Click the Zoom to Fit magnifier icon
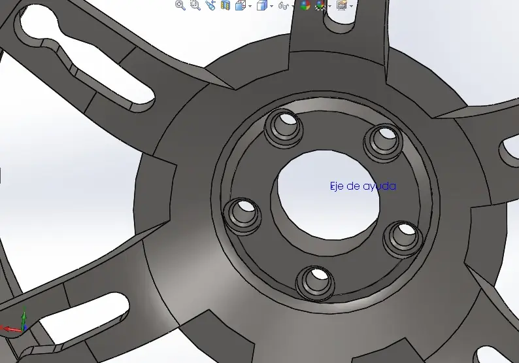pos(180,5)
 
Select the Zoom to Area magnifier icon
pos(195,5)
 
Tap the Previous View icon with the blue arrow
pos(210,5)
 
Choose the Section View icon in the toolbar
pos(226,5)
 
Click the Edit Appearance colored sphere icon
pos(305,5)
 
